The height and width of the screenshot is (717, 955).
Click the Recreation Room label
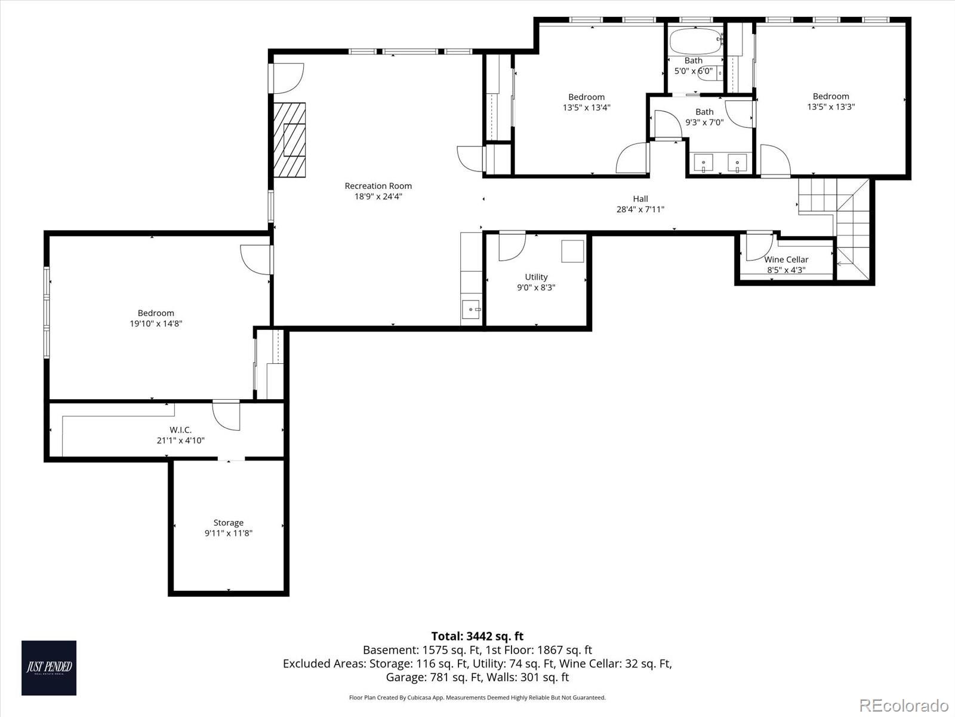378,186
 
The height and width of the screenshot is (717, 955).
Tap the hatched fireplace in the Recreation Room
289,139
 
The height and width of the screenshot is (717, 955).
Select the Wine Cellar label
786,259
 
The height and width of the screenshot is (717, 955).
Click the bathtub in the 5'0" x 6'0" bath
695,41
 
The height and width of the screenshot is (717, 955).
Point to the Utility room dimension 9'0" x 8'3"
536,287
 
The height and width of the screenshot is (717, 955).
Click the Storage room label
228,522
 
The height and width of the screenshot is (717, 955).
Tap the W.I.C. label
180,430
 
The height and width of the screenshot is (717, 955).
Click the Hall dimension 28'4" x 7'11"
640,210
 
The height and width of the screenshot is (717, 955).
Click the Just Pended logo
49,667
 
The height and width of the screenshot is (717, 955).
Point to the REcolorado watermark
904,704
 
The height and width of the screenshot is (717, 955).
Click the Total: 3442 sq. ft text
477,636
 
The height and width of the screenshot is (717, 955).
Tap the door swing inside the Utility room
511,246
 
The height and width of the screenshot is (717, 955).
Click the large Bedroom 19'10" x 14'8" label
156,312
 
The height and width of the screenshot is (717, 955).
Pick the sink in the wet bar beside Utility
470,309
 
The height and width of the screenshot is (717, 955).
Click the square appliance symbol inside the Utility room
573,251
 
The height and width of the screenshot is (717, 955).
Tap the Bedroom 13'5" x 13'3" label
830,96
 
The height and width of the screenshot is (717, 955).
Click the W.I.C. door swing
226,415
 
